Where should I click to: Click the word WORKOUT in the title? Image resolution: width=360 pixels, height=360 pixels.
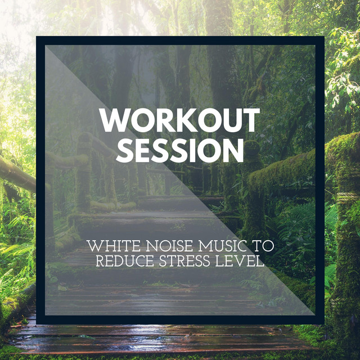tap(179, 120)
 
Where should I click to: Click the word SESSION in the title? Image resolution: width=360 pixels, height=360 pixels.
tap(180, 150)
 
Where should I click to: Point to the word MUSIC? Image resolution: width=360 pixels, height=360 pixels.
tap(221, 246)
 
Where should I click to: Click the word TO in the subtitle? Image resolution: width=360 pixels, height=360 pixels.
tap(262, 246)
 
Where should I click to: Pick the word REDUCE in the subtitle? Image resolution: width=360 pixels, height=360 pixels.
tap(125, 261)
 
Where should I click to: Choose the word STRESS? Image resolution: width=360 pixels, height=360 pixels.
tap(184, 261)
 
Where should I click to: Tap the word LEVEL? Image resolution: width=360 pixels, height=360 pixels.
tap(240, 261)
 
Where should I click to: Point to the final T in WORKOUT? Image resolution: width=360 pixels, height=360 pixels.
tap(250, 120)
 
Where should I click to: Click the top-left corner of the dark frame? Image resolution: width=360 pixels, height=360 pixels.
tap(36, 36)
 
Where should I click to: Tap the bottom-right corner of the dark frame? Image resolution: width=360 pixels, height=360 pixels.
tap(324, 324)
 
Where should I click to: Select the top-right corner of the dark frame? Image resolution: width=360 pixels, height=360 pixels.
tap(324, 36)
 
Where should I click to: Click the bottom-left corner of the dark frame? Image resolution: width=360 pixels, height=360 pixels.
tap(36, 324)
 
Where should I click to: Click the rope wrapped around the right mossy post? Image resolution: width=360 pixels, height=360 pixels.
tap(347, 197)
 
